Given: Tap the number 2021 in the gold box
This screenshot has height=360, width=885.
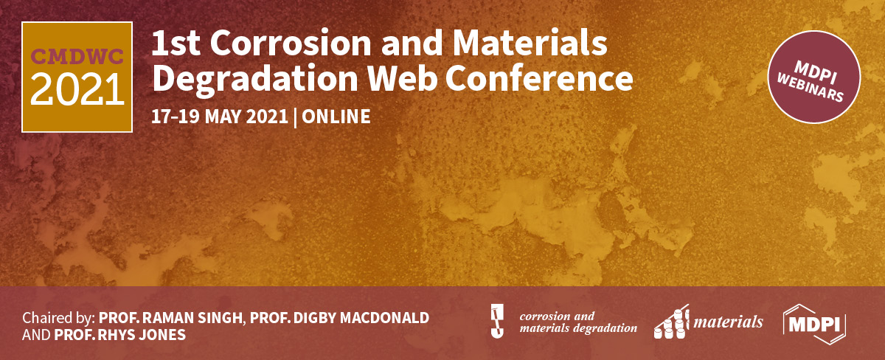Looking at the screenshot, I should coord(77,89).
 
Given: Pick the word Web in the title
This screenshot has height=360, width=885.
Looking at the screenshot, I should coord(424,78).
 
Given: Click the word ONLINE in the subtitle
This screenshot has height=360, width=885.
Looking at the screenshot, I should coord(336,117).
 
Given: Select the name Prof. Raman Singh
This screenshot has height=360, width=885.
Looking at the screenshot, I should coord(171,318).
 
